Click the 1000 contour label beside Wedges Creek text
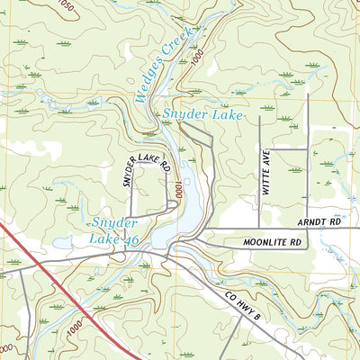197,57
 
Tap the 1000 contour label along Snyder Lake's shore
180,191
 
